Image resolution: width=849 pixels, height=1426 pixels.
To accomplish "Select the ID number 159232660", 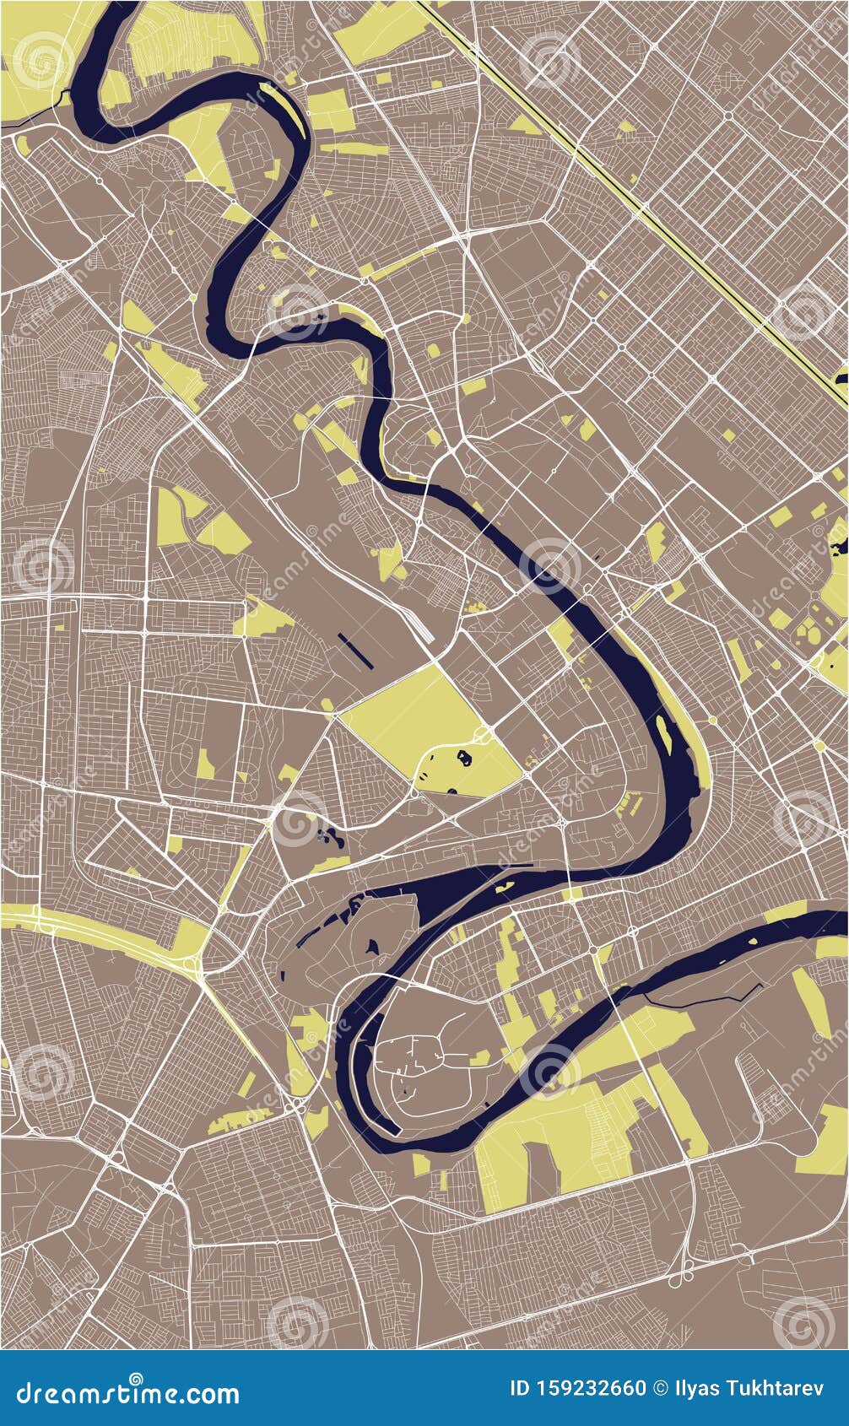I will coord(591,1388).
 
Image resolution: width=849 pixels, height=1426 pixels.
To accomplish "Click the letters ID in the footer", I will coord(522,1388).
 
